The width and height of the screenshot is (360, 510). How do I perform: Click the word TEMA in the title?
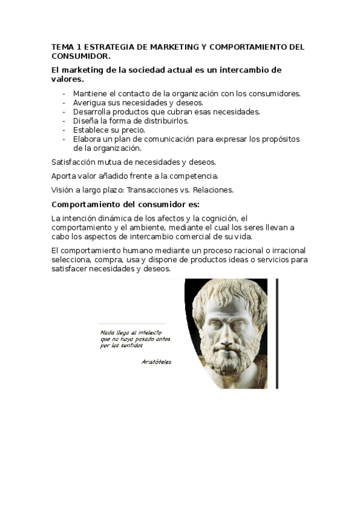pyautogui.click(x=61, y=46)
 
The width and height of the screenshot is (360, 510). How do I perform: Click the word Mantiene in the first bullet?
pyautogui.click(x=90, y=93)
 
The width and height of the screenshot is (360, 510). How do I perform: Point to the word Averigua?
pyautogui.click(x=90, y=102)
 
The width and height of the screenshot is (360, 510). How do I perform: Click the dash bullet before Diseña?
pyautogui.click(x=64, y=120)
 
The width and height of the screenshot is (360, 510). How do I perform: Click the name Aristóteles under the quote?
pyautogui.click(x=156, y=362)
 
